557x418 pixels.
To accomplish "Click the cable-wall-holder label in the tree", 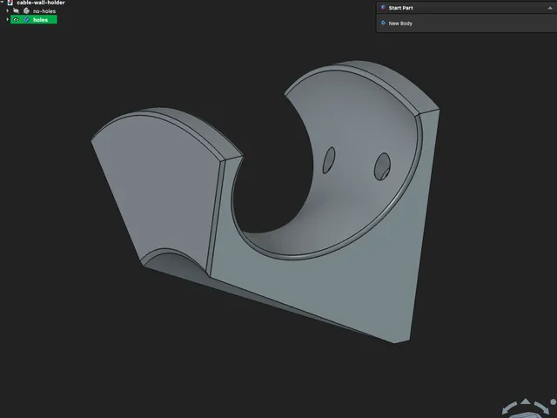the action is point(41,3).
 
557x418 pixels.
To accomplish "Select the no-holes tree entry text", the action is point(44,11).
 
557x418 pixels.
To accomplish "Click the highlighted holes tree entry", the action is point(34,19).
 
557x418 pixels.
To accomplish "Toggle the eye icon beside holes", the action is point(16,19).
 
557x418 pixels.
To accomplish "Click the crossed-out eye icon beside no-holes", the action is point(16,11).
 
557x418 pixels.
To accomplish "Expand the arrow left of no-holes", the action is point(8,11).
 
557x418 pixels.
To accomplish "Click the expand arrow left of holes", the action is point(8,19).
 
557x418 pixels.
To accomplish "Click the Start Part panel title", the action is point(400,8).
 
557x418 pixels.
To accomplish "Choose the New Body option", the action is point(400,24).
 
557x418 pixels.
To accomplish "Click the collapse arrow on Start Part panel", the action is point(550,8).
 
